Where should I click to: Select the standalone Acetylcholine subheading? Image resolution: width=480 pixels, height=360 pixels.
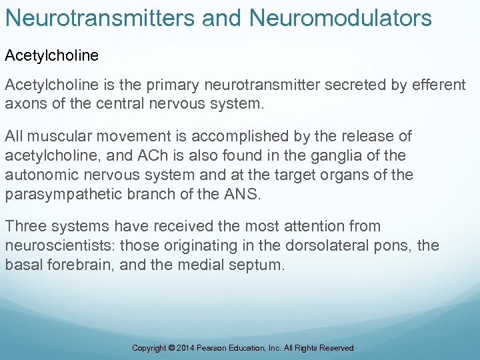52,56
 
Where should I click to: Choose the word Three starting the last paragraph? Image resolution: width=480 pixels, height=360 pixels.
24,227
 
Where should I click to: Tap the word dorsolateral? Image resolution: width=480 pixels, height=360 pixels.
317,245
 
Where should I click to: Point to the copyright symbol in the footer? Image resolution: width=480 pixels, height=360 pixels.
173,348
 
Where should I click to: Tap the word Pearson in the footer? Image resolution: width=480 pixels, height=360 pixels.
218,348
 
